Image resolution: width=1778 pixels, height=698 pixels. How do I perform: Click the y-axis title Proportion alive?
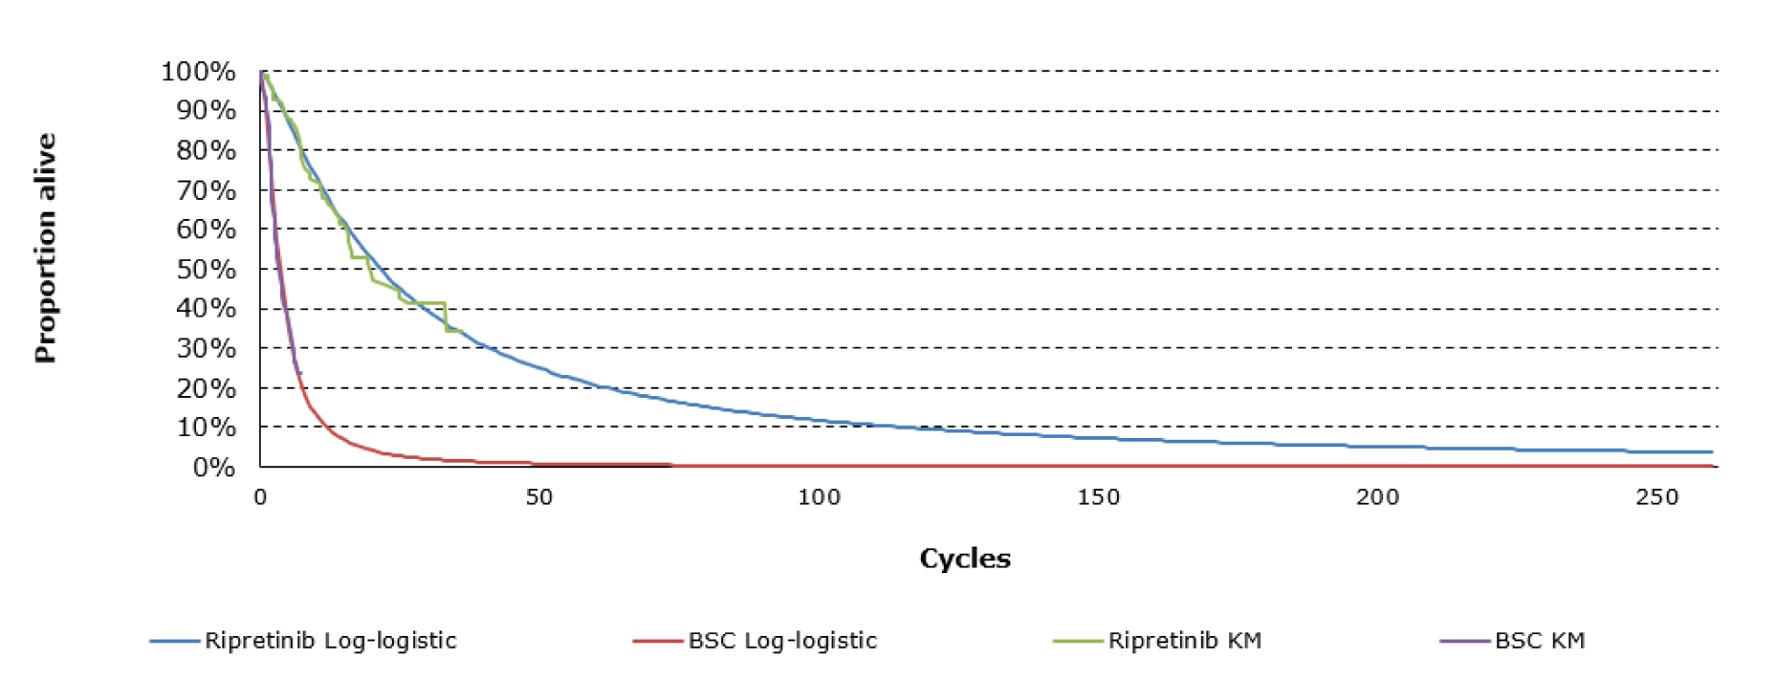point(46,248)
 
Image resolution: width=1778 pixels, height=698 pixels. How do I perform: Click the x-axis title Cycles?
point(965,558)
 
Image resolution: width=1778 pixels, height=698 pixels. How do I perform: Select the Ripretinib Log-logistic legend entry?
point(330,641)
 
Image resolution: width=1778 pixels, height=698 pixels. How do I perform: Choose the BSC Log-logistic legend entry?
point(782,641)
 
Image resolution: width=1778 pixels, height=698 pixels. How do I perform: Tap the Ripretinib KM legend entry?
point(1184,641)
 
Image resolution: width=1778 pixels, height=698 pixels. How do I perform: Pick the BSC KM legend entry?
point(1539,641)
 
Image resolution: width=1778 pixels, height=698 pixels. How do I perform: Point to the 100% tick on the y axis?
point(199,71)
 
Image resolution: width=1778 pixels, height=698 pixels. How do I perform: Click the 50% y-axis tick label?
point(206,269)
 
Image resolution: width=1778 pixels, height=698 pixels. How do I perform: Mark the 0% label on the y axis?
point(214,467)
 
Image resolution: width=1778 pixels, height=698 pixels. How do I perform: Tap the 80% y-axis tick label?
point(206,151)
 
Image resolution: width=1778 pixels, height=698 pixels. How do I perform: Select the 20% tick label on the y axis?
point(206,388)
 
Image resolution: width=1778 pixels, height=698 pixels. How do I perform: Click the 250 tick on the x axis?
point(1657,497)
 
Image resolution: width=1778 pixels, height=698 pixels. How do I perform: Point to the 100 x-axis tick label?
point(819,497)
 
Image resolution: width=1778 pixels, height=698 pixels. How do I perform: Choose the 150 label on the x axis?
point(1098,497)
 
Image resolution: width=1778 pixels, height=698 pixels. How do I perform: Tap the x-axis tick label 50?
point(539,497)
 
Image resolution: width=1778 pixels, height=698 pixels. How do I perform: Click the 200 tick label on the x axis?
point(1377,497)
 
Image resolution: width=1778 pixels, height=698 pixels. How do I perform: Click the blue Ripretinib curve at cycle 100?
point(819,421)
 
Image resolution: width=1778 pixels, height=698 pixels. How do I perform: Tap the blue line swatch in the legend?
point(174,641)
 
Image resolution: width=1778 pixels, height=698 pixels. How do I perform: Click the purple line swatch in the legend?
point(1464,641)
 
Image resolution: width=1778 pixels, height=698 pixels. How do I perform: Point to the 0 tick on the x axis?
point(261,497)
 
